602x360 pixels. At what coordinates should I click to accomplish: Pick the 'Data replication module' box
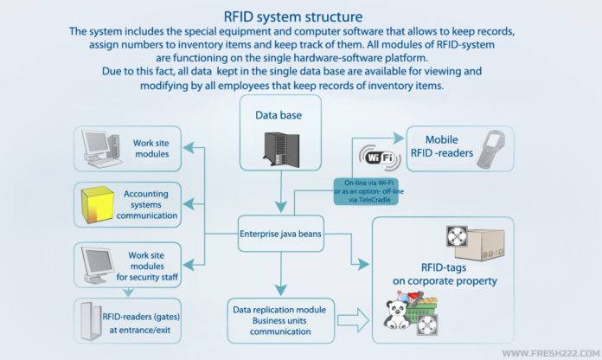click(x=279, y=312)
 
